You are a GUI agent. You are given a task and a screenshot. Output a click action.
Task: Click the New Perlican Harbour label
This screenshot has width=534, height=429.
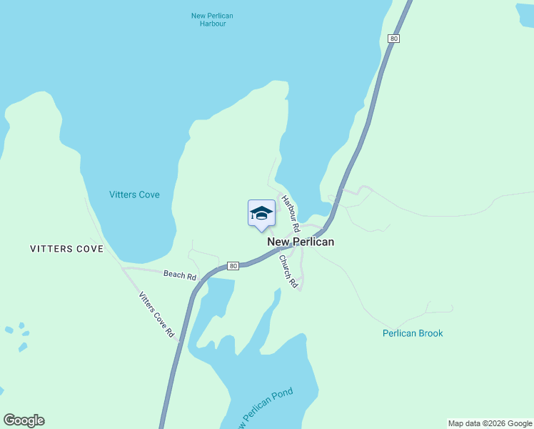pyautogui.click(x=212, y=19)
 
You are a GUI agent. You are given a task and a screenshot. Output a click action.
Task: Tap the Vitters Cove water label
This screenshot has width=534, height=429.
pyautogui.click(x=134, y=194)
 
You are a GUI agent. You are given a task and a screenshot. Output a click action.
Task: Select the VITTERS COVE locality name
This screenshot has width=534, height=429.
pyautogui.click(x=66, y=249)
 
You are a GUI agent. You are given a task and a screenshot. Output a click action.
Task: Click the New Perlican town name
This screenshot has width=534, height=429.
pyautogui.click(x=301, y=242)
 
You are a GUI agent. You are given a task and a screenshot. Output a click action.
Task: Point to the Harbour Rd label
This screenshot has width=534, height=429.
pyautogui.click(x=289, y=213)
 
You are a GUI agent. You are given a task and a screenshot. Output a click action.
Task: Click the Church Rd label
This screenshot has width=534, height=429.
pyautogui.click(x=288, y=271)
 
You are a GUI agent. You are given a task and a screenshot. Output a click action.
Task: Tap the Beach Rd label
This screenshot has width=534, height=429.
pyautogui.click(x=179, y=275)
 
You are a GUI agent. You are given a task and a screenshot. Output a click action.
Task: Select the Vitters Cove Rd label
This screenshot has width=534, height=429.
pyautogui.click(x=156, y=315)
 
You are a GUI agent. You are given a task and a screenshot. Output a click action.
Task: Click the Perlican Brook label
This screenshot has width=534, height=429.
pyautogui.click(x=413, y=333)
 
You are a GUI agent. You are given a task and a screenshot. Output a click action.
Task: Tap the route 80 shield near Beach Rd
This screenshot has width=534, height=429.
pyautogui.click(x=233, y=266)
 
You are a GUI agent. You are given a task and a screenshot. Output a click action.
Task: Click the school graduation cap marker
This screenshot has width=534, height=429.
pyautogui.click(x=261, y=213)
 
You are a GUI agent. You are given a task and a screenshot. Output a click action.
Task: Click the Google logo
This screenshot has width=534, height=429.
pyautogui.click(x=24, y=420)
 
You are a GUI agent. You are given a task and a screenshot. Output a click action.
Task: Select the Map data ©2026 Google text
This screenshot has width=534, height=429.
pyautogui.click(x=490, y=423)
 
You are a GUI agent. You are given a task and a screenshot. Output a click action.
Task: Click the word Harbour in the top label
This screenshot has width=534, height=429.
pyautogui.click(x=212, y=24)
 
